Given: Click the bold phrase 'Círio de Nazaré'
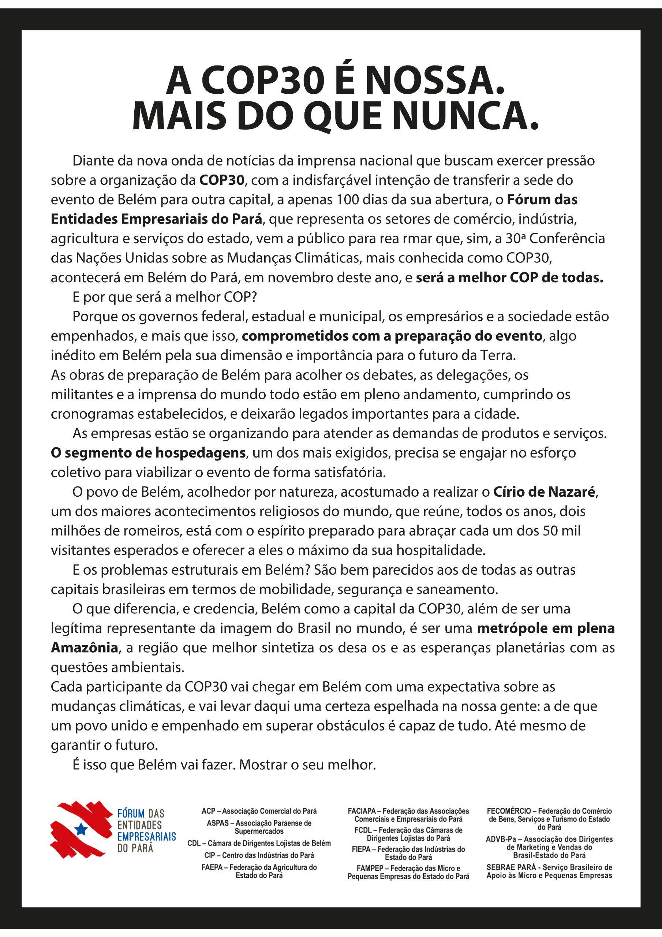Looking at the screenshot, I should click(544, 492).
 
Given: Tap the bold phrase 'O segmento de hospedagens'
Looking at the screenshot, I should click(148, 453).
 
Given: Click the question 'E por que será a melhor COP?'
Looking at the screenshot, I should click(164, 297).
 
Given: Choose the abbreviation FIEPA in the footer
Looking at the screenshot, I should click(361, 849).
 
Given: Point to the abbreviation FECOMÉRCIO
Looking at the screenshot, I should click(509, 811).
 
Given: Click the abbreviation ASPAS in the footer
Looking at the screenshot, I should click(217, 823).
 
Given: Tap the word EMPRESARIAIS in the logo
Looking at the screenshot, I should click(146, 837).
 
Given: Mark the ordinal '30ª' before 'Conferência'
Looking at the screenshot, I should click(516, 238).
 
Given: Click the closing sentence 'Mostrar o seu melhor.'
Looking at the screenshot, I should click(307, 764).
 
